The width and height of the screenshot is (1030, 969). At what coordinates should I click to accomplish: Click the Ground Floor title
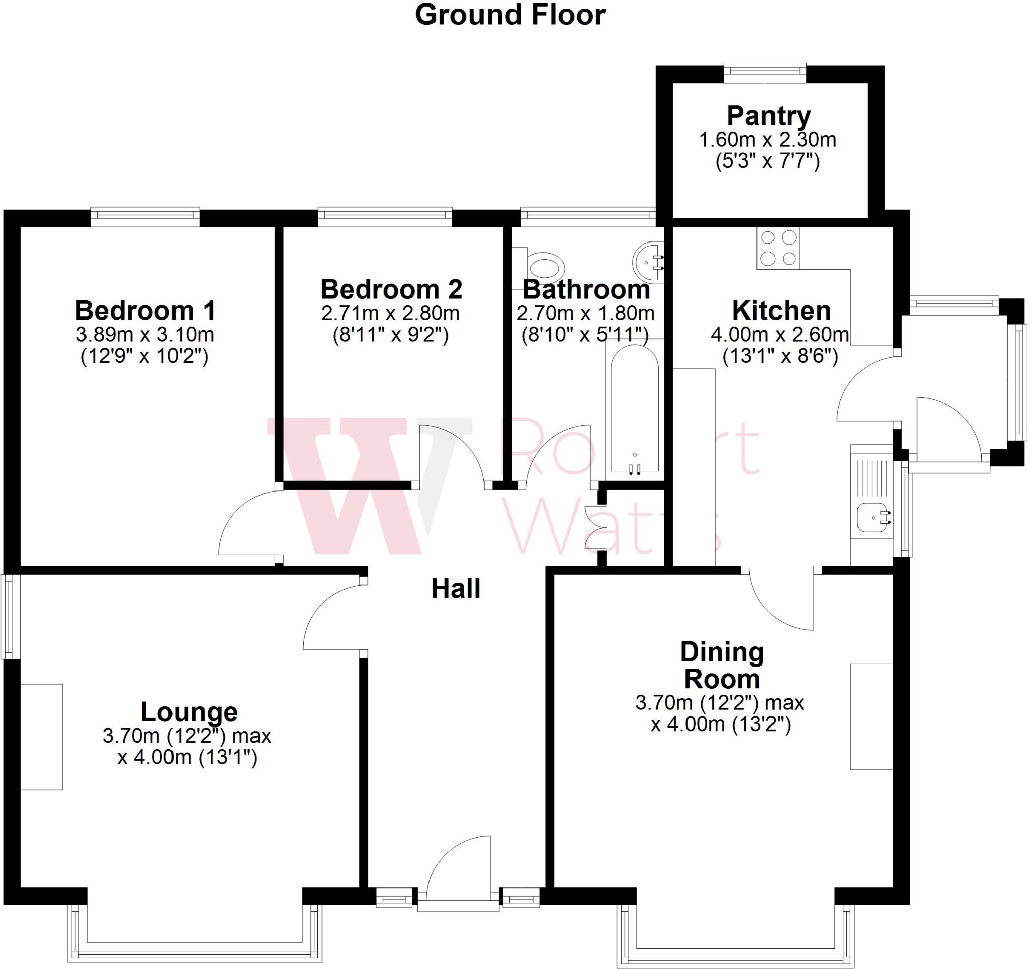510,15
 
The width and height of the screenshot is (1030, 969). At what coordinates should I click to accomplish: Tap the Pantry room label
768,116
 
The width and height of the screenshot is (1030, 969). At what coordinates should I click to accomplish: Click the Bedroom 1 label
144,311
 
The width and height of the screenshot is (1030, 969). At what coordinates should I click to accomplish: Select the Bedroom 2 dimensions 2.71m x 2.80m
390,313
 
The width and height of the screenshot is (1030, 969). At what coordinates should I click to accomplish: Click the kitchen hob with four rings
778,248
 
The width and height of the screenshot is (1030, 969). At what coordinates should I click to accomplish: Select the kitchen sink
873,517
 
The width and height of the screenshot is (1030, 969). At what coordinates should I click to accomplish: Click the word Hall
456,589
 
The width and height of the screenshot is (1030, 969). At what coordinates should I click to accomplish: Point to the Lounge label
189,712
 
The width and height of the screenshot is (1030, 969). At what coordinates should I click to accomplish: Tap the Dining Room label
722,665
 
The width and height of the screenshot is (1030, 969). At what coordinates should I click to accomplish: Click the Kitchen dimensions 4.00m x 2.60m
780,334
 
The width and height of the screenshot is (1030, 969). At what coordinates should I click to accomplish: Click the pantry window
765,72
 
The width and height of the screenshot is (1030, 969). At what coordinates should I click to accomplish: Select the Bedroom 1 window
145,217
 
